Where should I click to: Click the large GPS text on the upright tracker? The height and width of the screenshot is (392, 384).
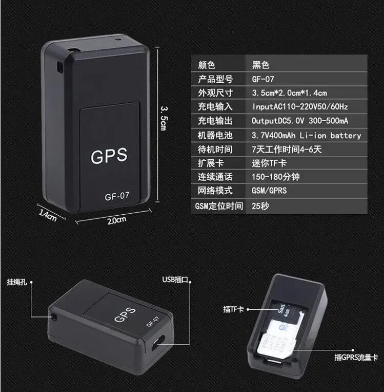point(109,156)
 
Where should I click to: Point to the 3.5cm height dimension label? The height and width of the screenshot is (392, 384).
point(164,118)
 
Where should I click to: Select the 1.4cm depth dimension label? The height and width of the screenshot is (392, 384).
point(48,214)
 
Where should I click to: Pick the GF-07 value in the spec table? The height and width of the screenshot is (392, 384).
point(263,79)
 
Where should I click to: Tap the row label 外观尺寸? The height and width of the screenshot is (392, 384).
point(215,93)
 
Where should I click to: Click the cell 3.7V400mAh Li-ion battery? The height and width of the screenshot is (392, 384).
point(306,136)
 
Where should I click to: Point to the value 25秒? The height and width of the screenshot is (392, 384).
point(260,206)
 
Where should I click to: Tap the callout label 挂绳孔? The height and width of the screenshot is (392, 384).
point(17,282)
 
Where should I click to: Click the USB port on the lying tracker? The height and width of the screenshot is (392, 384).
point(159,343)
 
